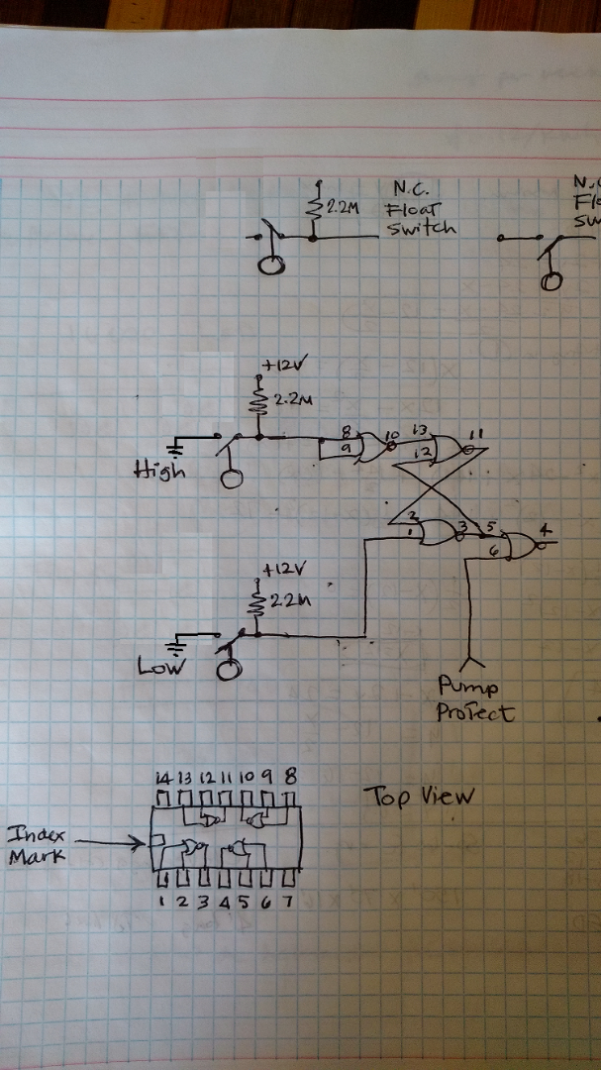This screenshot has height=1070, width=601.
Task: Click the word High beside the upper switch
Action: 158,472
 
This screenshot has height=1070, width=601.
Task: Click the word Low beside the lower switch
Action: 157,667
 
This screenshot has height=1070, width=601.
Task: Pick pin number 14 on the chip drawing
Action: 161,778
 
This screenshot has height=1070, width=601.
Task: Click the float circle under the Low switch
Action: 230,669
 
